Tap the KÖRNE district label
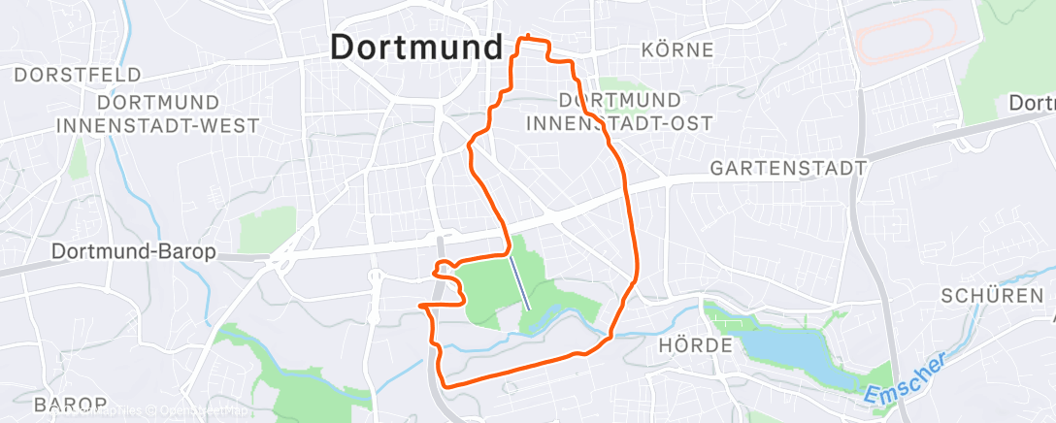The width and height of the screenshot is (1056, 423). tap(677, 49)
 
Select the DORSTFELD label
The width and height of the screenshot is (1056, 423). tap(78, 75)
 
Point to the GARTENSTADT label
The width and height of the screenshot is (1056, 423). tap(788, 168)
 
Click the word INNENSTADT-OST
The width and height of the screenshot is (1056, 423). tap(619, 122)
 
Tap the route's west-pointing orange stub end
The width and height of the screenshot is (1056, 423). tap(421, 306)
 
